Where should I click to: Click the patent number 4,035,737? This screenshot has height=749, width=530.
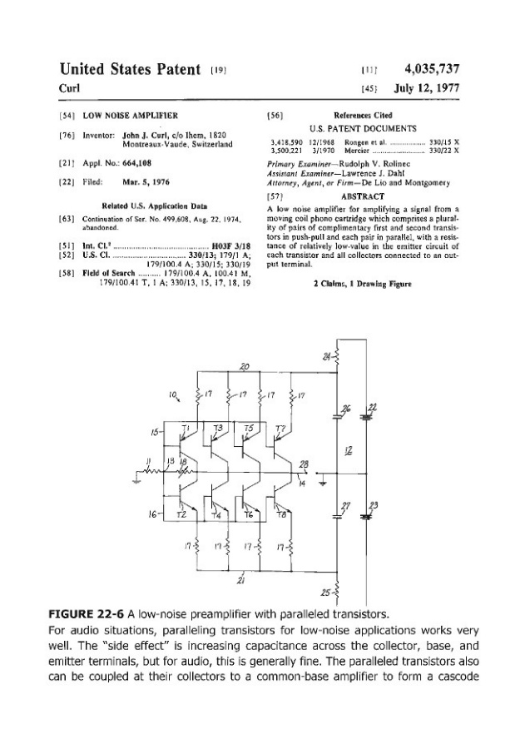coord(432,68)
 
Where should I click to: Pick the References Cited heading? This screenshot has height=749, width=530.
coord(363,115)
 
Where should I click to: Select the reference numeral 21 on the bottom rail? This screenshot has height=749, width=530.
coord(242,580)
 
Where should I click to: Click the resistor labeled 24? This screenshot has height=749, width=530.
coord(338,358)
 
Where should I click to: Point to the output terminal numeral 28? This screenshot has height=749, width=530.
coord(303,464)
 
